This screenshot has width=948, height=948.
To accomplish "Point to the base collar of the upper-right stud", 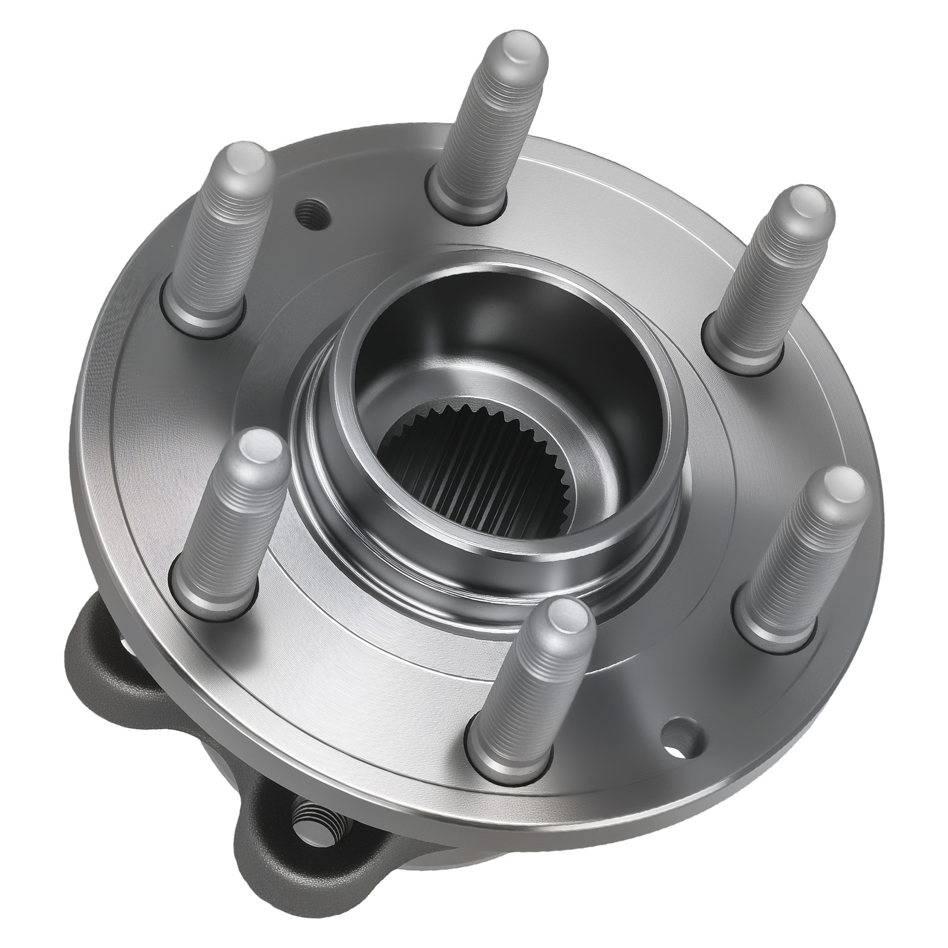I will [735, 350].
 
